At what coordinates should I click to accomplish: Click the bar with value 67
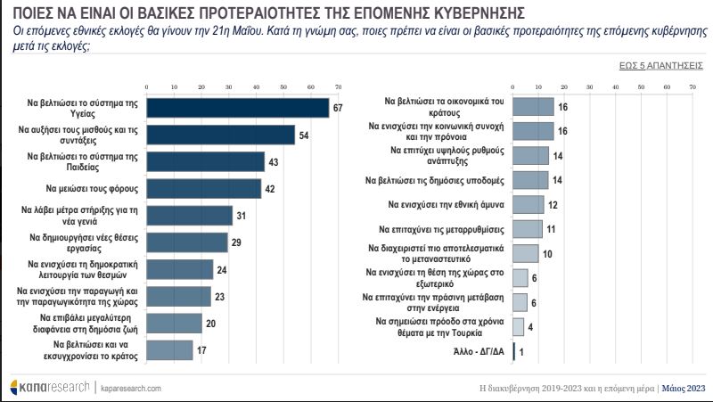coord(238,107)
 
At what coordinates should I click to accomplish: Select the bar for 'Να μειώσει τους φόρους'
coord(204,188)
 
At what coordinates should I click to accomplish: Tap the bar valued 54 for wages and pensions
coord(221,135)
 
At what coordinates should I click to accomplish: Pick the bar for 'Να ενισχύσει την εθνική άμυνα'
coord(529,204)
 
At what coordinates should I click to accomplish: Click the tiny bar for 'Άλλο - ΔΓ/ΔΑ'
coord(514,350)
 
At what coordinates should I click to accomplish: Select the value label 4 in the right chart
coord(530,326)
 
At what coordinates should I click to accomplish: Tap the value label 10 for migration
coord(547,253)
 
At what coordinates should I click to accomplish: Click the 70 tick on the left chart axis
coord(338,86)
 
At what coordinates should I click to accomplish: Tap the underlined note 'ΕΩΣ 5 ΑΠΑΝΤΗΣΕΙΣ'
coord(658,65)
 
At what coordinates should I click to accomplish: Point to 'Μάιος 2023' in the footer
coord(685,389)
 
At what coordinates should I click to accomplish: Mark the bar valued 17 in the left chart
coord(169,350)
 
